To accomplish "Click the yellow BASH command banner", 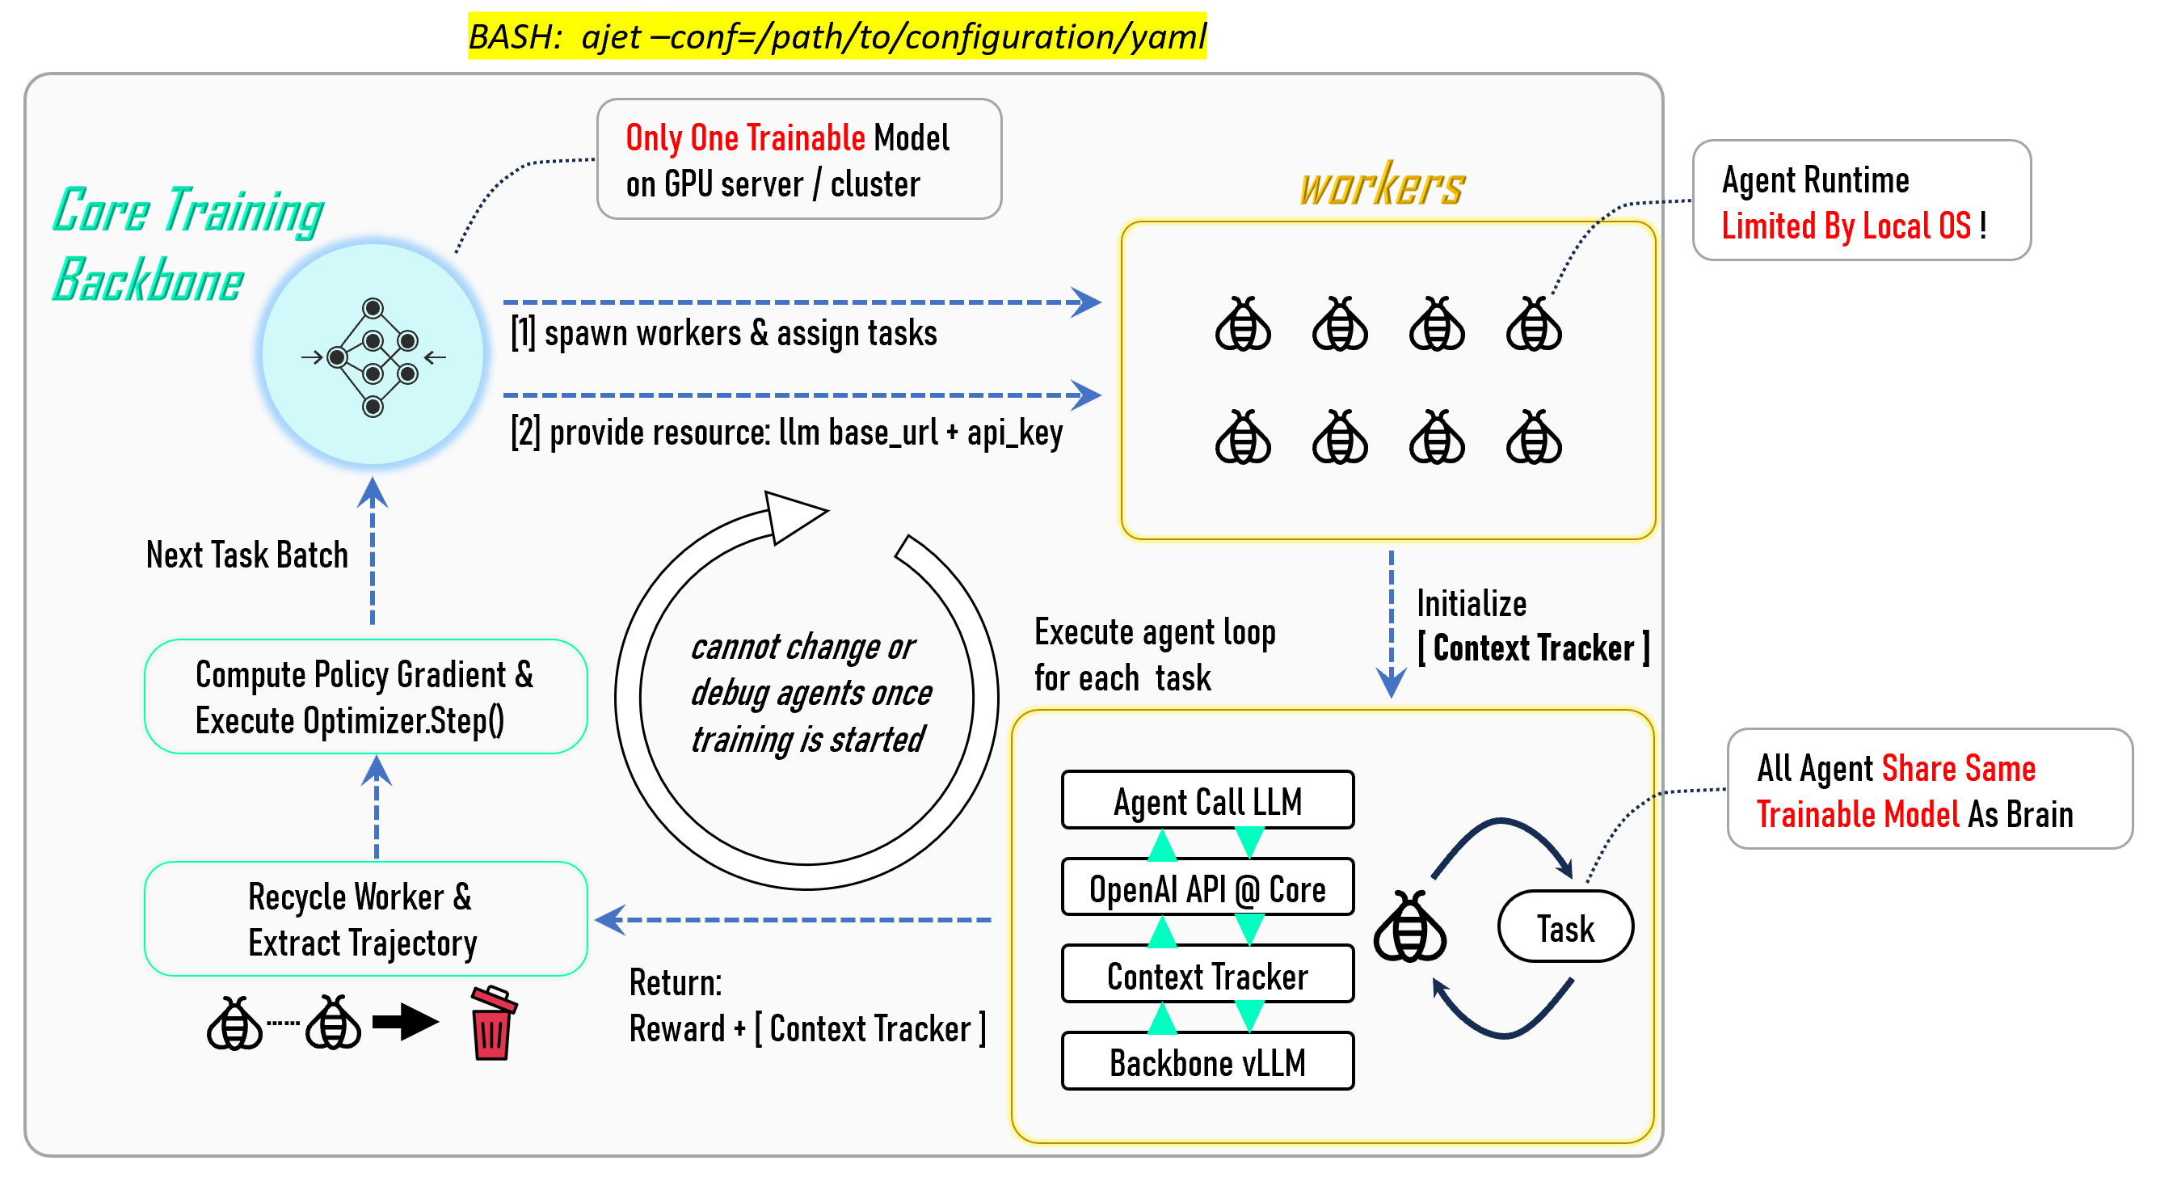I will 836,36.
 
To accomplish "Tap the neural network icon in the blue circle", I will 373,357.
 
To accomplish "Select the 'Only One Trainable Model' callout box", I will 798,160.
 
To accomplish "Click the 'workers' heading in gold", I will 1382,185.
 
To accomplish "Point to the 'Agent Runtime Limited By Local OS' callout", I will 1861,201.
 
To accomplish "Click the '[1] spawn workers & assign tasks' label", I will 723,333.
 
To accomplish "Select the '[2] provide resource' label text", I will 786,432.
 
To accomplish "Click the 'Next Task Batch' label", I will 246,555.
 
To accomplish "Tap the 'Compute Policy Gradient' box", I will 365,698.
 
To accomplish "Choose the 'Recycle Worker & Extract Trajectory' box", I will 365,919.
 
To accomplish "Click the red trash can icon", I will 493,1023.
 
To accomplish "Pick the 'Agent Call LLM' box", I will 1207,800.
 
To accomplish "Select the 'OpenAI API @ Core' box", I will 1207,888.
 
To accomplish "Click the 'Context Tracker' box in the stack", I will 1207,976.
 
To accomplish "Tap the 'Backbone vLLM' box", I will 1207,1062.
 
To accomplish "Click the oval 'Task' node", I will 1565,927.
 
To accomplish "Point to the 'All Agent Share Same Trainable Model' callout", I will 1930,790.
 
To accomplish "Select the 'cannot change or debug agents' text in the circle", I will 810,693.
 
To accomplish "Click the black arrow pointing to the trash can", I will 406,1022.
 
